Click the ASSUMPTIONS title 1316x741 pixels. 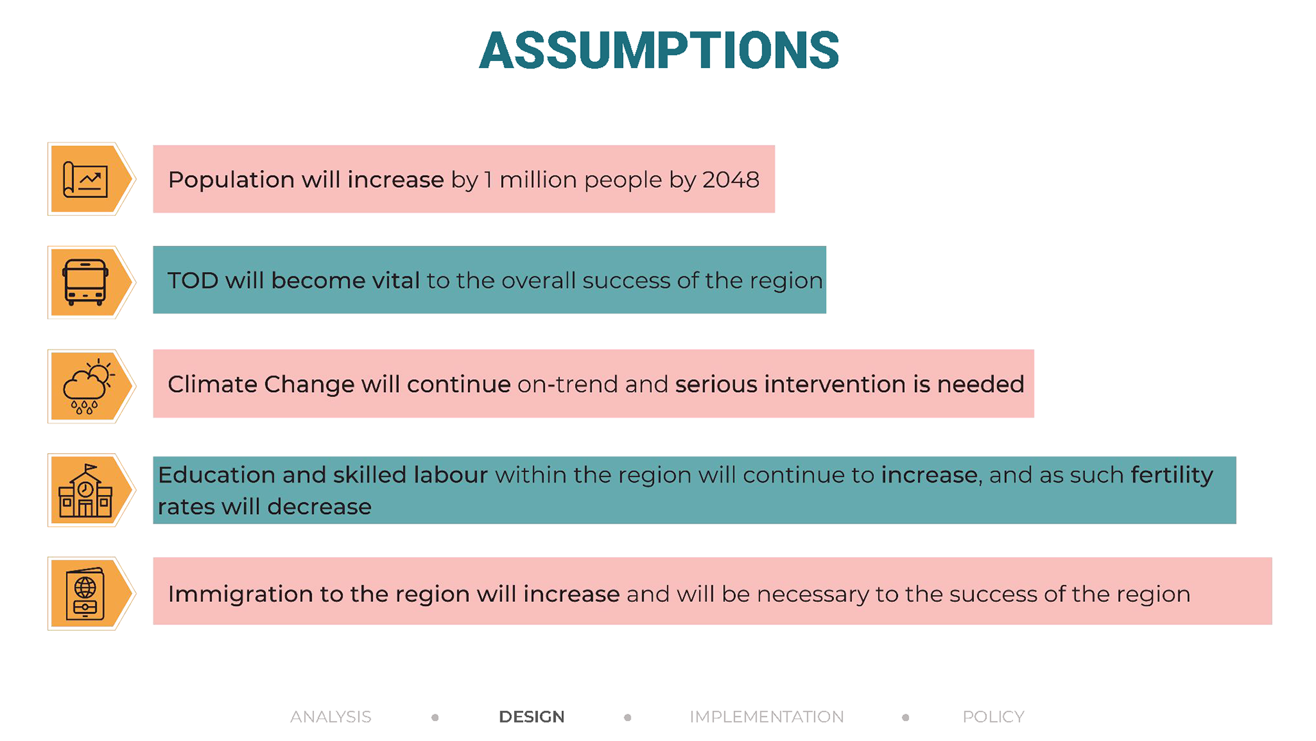click(x=659, y=51)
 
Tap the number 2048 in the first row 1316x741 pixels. click(x=731, y=180)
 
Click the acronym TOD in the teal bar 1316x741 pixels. click(x=193, y=280)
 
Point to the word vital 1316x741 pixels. click(x=395, y=280)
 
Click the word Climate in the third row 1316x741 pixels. click(x=212, y=384)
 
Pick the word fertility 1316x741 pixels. click(x=1172, y=475)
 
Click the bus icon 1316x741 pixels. click(x=85, y=282)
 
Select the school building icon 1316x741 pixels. click(x=86, y=491)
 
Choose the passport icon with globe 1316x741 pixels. click(x=86, y=594)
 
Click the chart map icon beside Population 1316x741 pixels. click(x=86, y=180)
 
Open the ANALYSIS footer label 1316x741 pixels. click(x=330, y=717)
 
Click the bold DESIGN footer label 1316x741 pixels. click(x=532, y=717)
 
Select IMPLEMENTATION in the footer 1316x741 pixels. click(x=767, y=717)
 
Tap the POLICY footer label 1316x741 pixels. click(x=993, y=717)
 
